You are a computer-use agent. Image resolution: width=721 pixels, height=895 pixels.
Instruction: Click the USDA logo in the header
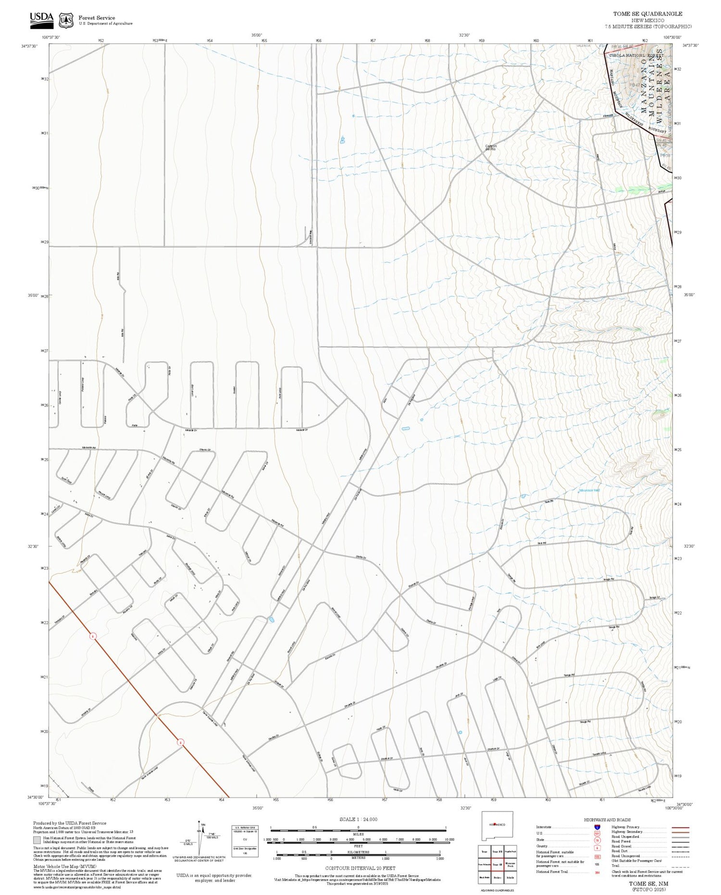(x=42, y=19)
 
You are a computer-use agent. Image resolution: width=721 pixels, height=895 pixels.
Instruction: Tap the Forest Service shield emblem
(x=66, y=20)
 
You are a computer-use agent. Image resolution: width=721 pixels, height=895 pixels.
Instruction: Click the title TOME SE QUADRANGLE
(x=647, y=14)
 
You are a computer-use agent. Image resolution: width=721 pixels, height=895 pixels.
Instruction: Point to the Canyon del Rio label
(x=490, y=147)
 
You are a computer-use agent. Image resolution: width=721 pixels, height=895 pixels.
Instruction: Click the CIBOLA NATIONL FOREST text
(x=632, y=56)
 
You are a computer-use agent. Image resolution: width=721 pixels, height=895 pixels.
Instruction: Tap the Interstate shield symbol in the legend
(x=597, y=827)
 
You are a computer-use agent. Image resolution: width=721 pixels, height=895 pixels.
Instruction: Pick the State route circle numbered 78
(x=597, y=840)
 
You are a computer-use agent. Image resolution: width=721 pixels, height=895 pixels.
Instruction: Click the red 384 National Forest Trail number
(x=597, y=872)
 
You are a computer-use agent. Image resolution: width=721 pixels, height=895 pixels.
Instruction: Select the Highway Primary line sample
(x=678, y=828)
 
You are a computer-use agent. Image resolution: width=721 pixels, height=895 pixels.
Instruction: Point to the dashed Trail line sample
(x=678, y=867)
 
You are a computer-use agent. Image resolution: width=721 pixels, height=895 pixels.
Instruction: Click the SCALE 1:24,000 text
(x=358, y=820)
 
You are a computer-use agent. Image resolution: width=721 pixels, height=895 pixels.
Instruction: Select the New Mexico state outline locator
(x=497, y=826)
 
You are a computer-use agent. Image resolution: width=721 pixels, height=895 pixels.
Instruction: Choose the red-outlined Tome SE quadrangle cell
(x=497, y=864)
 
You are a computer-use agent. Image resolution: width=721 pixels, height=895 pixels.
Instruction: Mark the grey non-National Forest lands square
(x=37, y=840)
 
